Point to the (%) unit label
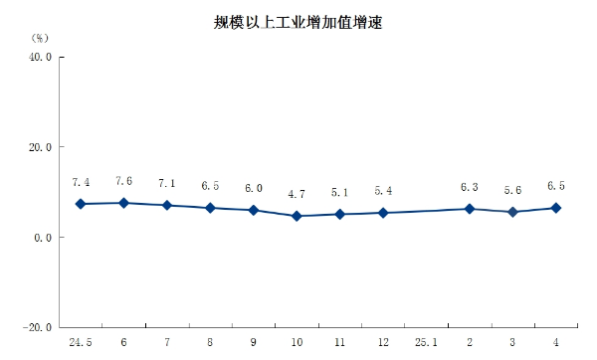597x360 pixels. point(41,37)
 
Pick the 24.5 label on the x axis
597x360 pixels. point(81,342)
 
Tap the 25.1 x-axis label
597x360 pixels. point(426,342)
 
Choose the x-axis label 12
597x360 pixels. point(383,342)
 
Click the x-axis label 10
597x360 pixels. point(297,342)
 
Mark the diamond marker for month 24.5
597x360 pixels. point(81,204)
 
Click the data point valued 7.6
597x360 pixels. point(123,203)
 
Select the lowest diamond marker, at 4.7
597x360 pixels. point(297,216)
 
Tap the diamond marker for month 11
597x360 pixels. point(339,214)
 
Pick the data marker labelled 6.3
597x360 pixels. point(470,209)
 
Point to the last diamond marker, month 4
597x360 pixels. point(556,208)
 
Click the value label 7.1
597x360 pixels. point(167,184)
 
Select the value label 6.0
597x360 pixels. point(254,188)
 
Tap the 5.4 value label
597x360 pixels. point(383,190)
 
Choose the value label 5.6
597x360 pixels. point(512,190)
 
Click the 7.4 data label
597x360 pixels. point(81,182)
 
